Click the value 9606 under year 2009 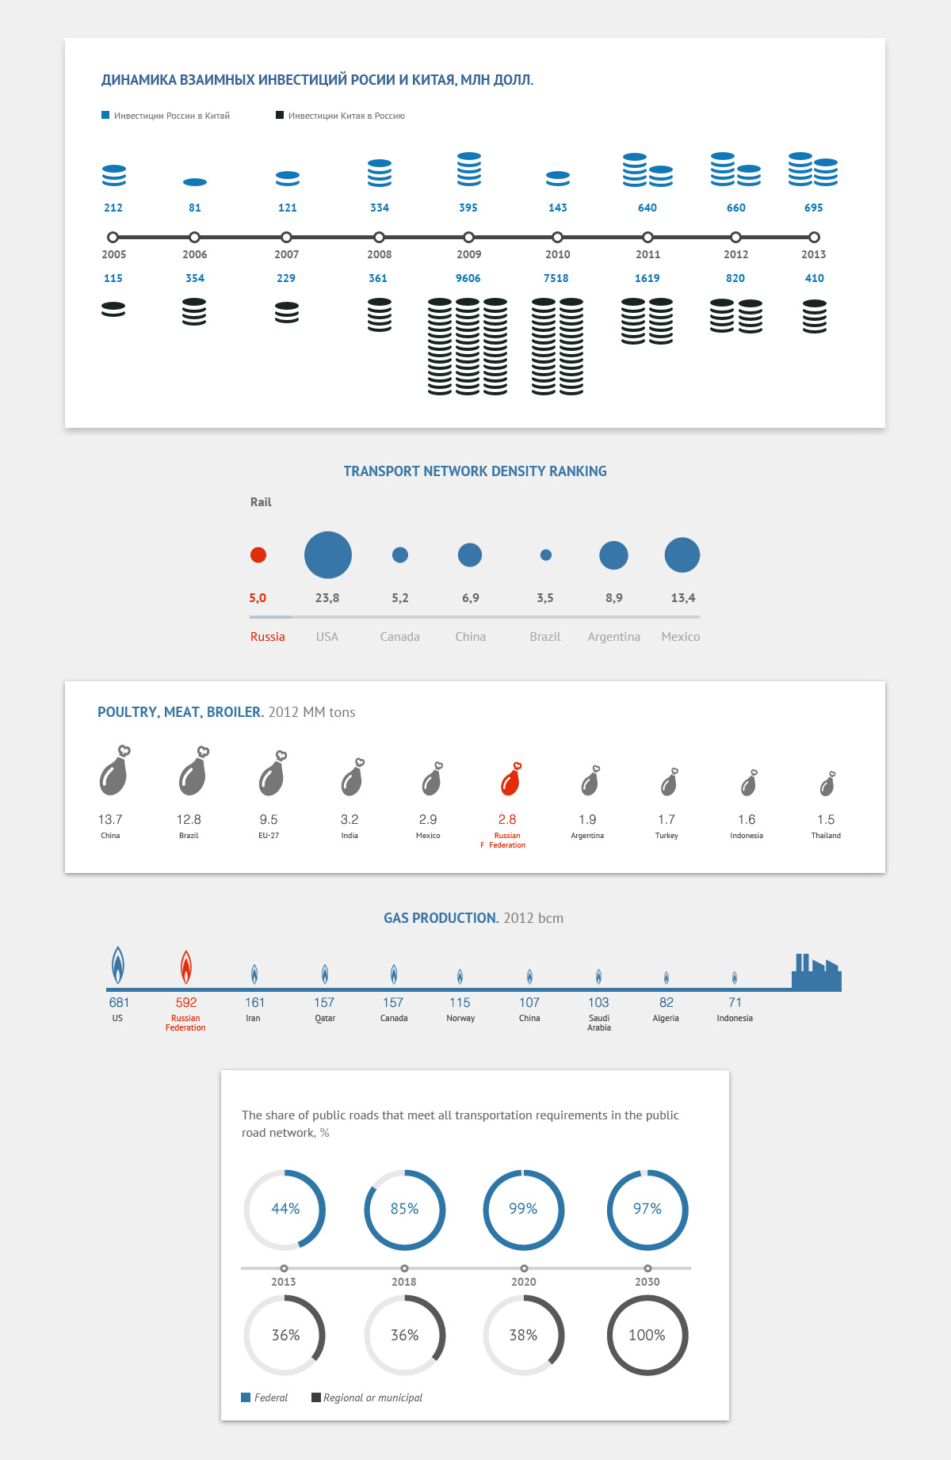click(x=468, y=278)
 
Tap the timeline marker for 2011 click(x=647, y=237)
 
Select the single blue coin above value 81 click(x=195, y=182)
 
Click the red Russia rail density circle click(x=258, y=555)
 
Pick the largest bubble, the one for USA click(x=328, y=555)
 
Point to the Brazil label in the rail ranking click(x=545, y=637)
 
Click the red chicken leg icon click(x=510, y=780)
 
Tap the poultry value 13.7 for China click(x=110, y=819)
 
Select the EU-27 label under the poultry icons click(x=269, y=836)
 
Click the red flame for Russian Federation click(x=185, y=966)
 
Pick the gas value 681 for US click(x=119, y=1003)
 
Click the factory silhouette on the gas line click(x=816, y=974)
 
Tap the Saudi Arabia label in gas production click(x=599, y=1023)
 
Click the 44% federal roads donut click(x=285, y=1210)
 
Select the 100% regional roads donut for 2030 click(x=647, y=1335)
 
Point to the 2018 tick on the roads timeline click(x=404, y=1268)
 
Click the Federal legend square click(x=246, y=1397)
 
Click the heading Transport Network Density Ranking click(x=475, y=471)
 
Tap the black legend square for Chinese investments click(x=280, y=116)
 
